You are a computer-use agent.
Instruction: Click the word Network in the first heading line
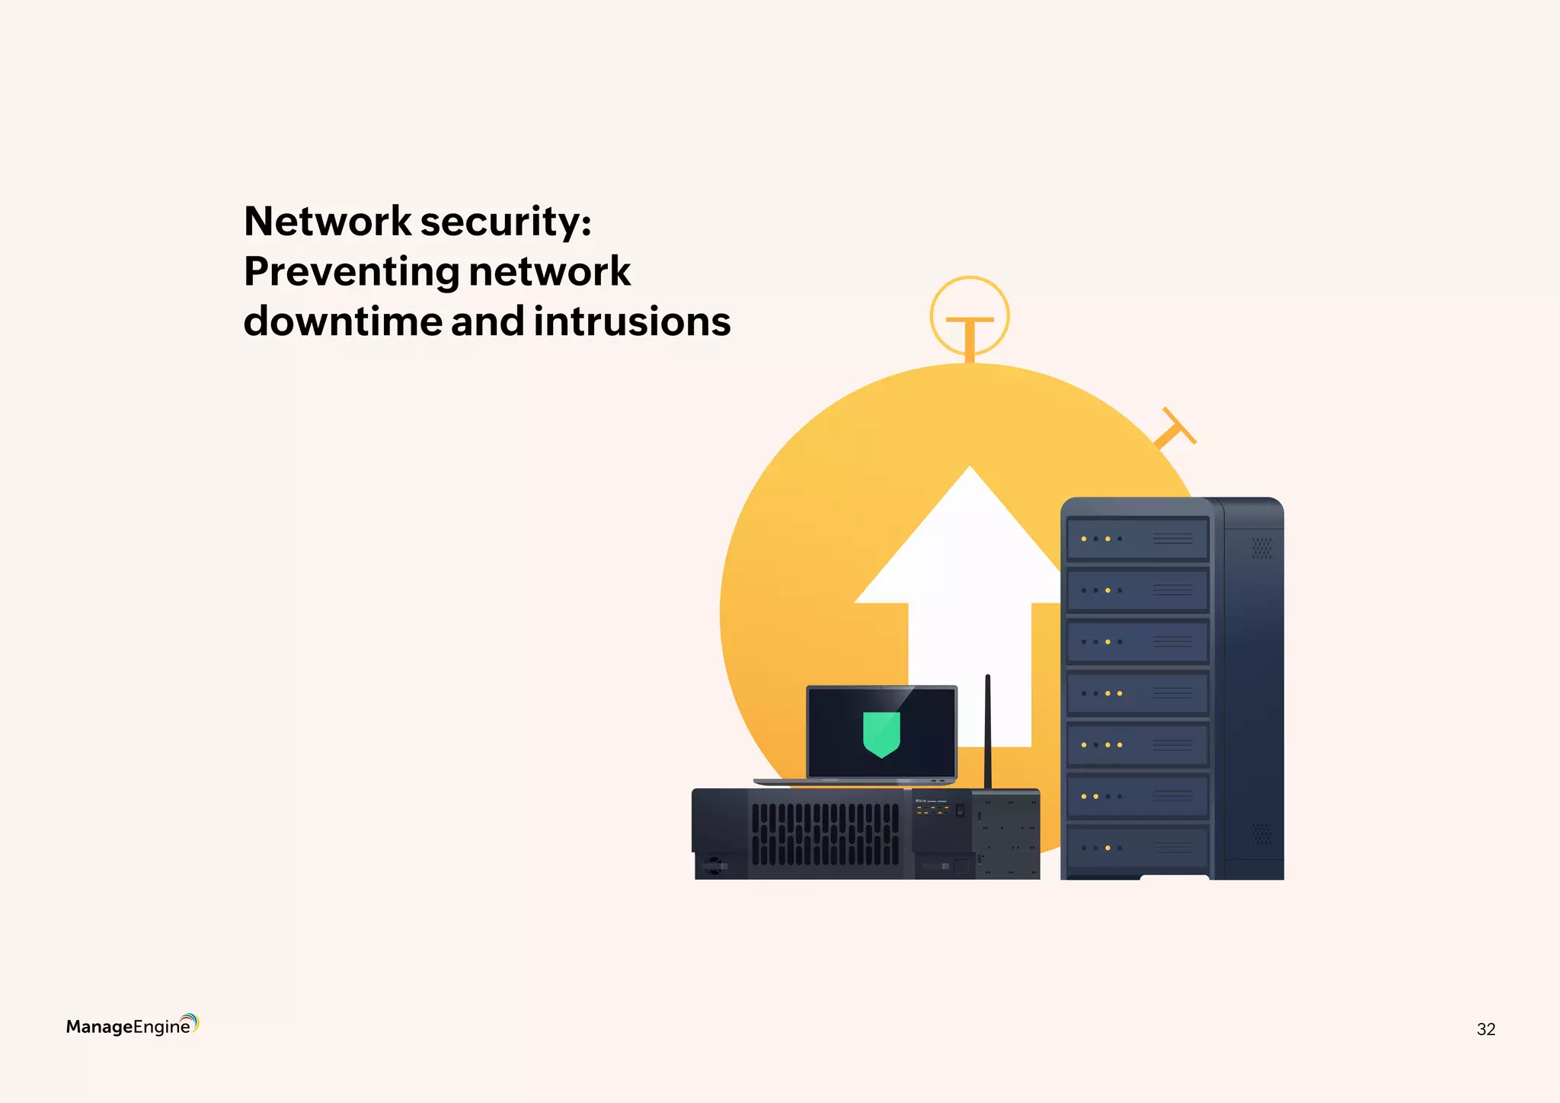pos(328,222)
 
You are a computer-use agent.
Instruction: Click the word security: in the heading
pos(506,222)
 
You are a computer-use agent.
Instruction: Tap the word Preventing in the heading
pos(351,272)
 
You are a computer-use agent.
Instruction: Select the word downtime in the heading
pos(342,321)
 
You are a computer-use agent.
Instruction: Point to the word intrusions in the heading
pos(631,321)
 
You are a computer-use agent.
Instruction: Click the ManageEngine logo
pos(132,1025)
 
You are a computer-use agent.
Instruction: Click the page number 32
pos(1485,1029)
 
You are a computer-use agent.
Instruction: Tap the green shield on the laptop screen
pos(881,734)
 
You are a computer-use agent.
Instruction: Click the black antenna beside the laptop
pos(987,731)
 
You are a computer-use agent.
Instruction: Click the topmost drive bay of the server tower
pos(1137,539)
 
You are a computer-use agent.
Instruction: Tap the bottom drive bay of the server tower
pos(1137,848)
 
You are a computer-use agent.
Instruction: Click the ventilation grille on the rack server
pos(825,834)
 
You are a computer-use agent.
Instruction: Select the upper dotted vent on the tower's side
pos(1261,548)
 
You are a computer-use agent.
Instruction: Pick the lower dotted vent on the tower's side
pos(1261,833)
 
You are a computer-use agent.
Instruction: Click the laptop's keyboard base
pos(855,782)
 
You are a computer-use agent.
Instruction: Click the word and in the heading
pos(487,321)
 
